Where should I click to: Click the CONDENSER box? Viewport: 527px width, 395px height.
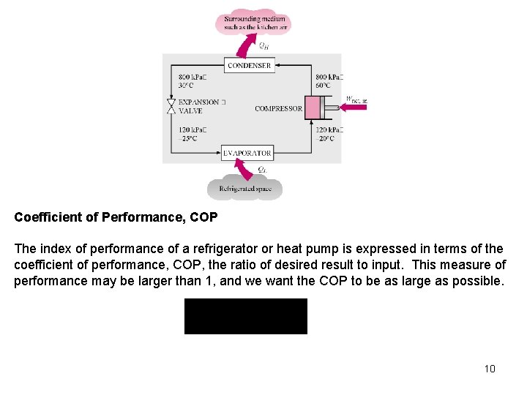pos(249,65)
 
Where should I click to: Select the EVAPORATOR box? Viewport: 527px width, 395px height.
pos(247,153)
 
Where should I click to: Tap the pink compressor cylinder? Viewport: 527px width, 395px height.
pos(313,108)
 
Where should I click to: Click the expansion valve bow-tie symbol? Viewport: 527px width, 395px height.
pos(171,107)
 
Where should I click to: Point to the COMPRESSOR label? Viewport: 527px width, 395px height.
pos(278,109)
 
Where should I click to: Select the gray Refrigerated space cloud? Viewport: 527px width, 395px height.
pos(244,187)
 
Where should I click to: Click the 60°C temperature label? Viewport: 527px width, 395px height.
pos(325,86)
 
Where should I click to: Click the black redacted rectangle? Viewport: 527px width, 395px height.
pos(245,316)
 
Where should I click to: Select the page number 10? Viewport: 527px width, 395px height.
pos(490,369)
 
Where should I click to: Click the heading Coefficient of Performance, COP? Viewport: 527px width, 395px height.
pos(116,217)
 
